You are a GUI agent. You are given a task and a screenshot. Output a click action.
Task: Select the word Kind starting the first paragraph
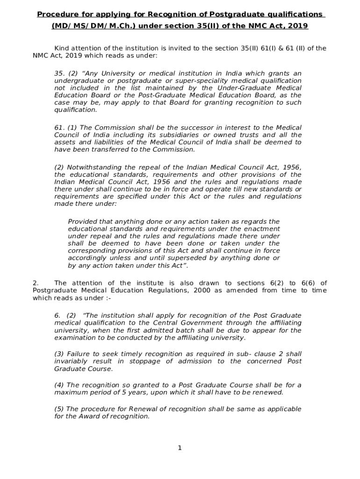click(x=62, y=48)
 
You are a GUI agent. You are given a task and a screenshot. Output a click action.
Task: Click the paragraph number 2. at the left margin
click(x=36, y=283)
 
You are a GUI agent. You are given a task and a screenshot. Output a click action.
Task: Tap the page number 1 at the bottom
click(x=180, y=448)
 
